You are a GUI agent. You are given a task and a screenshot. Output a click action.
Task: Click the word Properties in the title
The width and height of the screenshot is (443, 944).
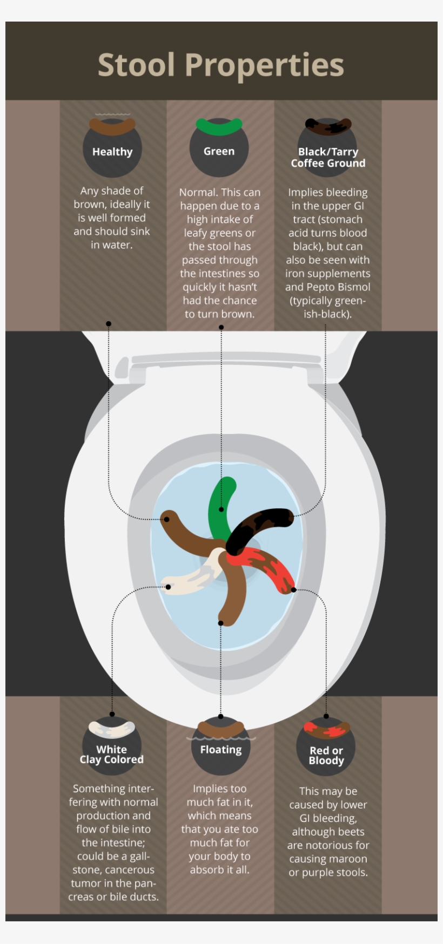pyautogui.click(x=264, y=66)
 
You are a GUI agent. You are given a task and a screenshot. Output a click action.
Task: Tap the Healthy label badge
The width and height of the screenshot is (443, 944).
pyautogui.click(x=112, y=152)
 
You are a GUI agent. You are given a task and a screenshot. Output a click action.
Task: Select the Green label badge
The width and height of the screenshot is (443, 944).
pyautogui.click(x=219, y=152)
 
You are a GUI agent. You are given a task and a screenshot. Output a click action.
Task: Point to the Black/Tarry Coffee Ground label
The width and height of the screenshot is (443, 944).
pyautogui.click(x=328, y=158)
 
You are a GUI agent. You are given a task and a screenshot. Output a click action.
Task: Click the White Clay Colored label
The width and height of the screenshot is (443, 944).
pyautogui.click(x=112, y=755)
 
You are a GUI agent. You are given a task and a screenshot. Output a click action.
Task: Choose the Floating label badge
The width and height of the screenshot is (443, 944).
pyautogui.click(x=220, y=750)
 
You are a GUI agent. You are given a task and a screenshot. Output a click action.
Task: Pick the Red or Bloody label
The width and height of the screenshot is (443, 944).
pyautogui.click(x=326, y=756)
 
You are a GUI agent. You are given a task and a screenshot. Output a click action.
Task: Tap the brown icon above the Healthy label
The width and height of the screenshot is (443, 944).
pyautogui.click(x=112, y=127)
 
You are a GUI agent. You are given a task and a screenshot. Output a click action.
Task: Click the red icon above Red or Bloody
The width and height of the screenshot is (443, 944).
pyautogui.click(x=326, y=730)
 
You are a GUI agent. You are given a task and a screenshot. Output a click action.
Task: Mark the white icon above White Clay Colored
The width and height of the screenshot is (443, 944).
pyautogui.click(x=112, y=729)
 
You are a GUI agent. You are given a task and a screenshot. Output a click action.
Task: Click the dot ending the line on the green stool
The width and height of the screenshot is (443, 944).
pyautogui.click(x=221, y=510)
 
